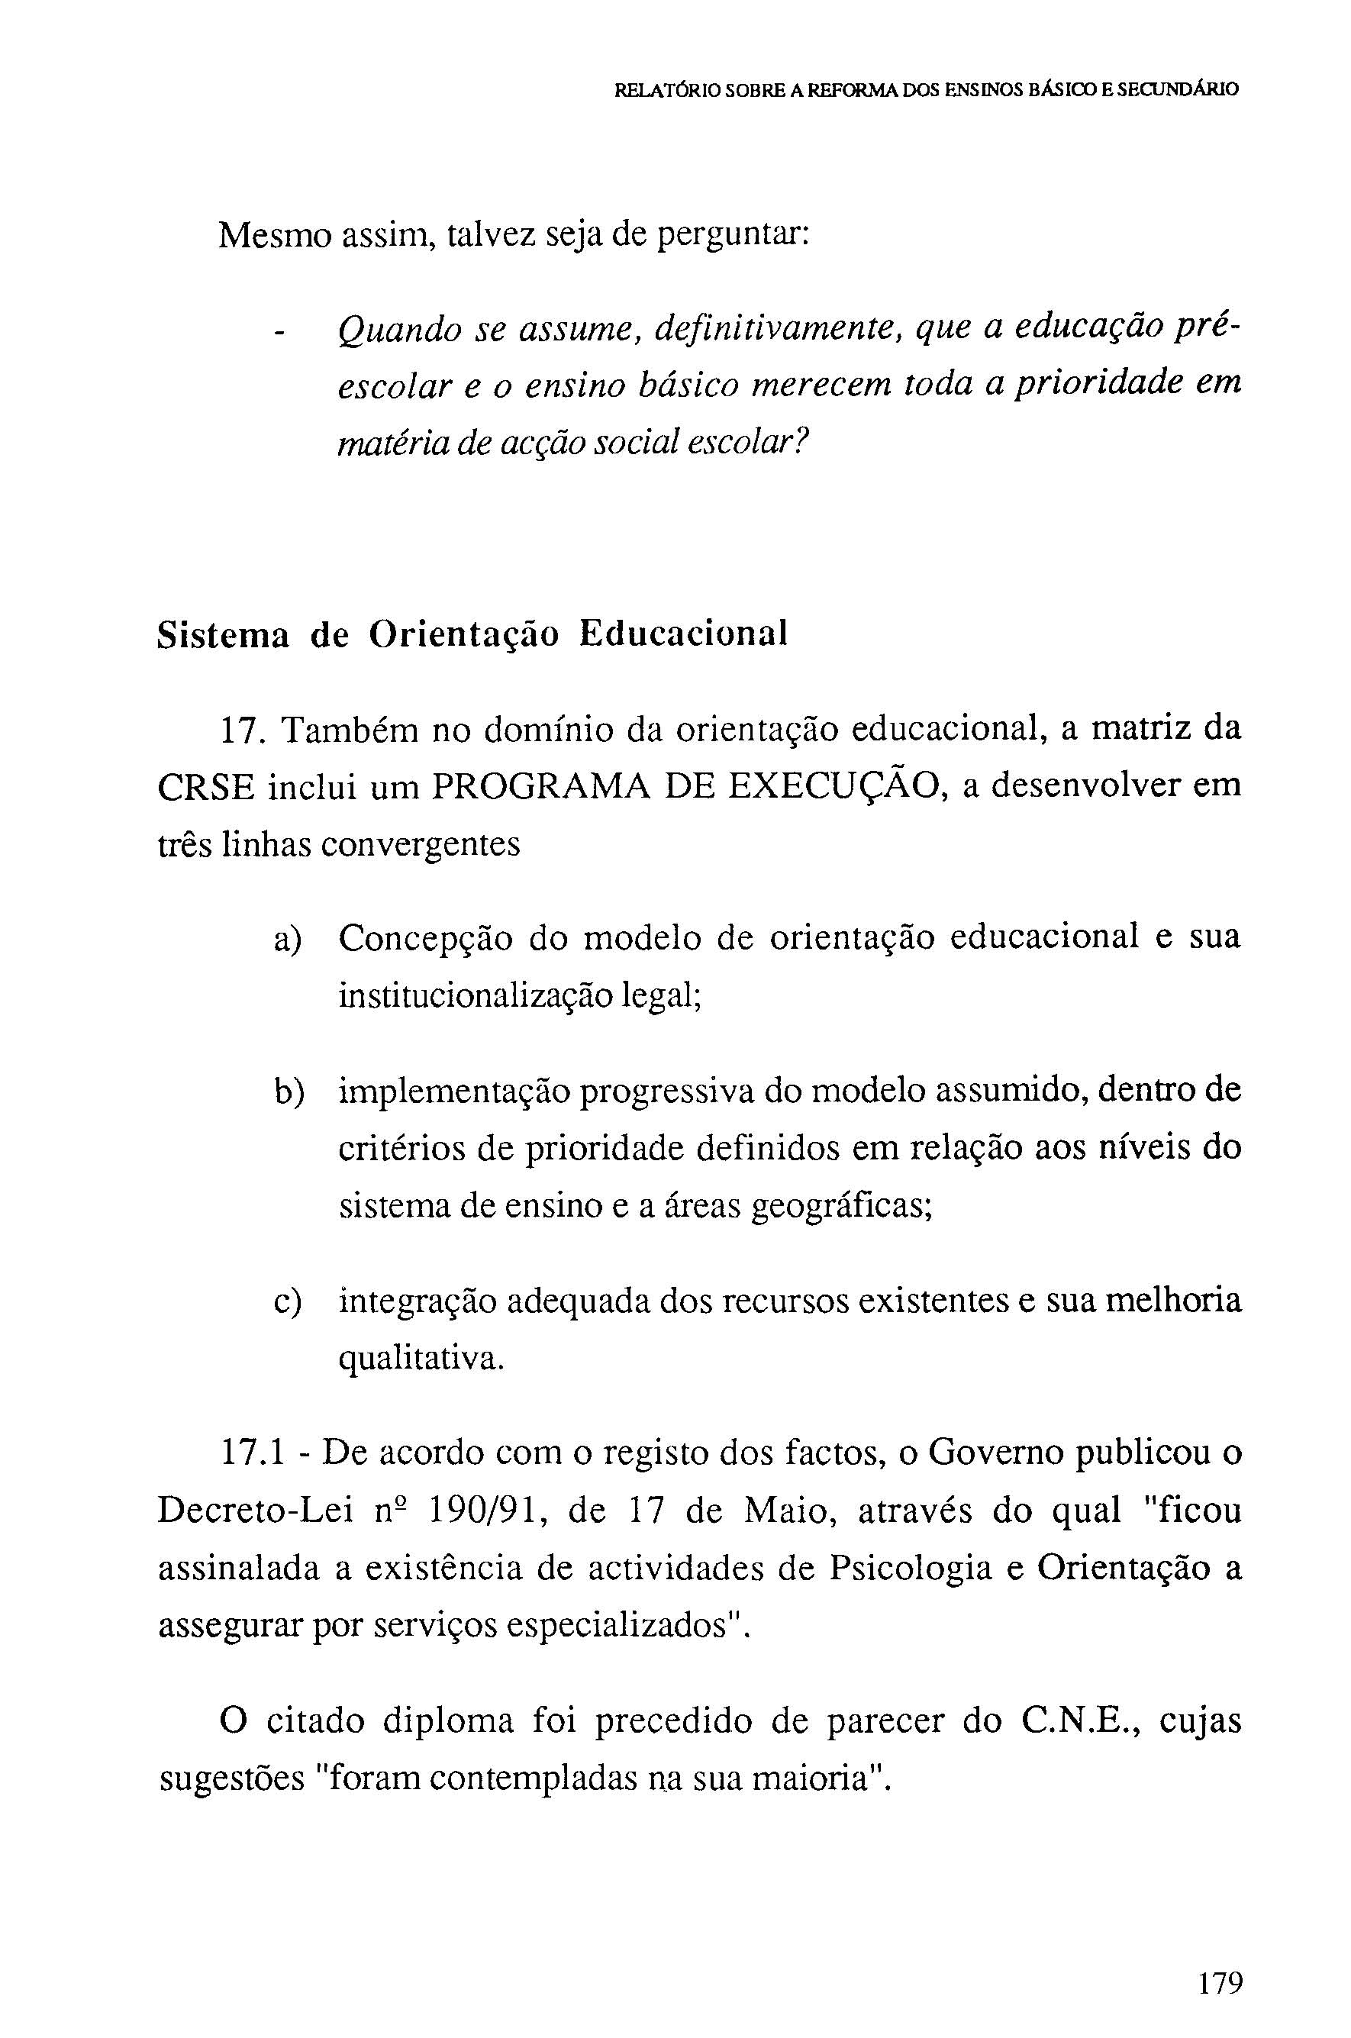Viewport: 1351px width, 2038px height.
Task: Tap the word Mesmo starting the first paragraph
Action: click(x=274, y=234)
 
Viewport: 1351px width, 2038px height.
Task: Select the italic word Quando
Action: click(x=400, y=330)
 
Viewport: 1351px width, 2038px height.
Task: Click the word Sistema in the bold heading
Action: click(x=223, y=635)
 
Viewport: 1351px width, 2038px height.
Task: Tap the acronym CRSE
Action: click(x=206, y=789)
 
